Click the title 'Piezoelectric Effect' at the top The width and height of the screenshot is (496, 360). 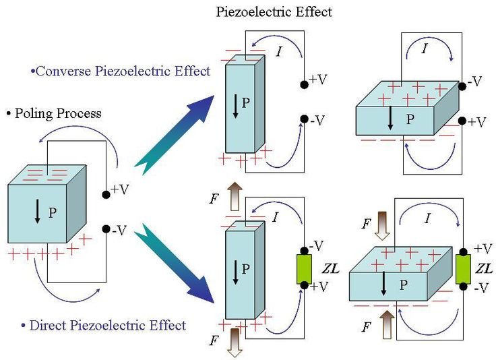[274, 11]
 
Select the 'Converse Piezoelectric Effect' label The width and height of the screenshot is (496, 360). [121, 71]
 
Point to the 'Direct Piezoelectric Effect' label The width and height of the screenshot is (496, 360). [107, 325]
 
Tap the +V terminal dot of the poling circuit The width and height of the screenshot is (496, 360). [106, 194]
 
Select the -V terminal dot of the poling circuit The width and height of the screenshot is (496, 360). [106, 229]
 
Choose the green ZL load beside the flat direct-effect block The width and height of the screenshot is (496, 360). [463, 268]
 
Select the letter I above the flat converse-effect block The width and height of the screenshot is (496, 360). [424, 49]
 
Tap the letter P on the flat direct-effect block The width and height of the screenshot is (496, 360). [403, 285]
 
